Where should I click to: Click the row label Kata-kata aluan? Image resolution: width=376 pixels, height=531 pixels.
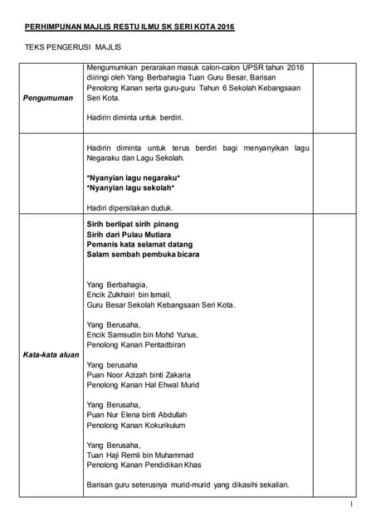pos(51,354)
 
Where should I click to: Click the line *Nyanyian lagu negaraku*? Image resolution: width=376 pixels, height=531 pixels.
pos(133,178)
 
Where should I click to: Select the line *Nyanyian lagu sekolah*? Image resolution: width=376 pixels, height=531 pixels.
pos(130,188)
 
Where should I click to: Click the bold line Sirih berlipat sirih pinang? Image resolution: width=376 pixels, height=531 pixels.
pos(132,224)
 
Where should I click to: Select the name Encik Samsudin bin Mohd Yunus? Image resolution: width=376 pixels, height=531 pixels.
pos(142,334)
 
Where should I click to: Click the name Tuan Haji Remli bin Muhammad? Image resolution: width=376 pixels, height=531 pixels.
pos(139,455)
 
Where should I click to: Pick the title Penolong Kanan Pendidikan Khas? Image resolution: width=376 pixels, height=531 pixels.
pos(144,465)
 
